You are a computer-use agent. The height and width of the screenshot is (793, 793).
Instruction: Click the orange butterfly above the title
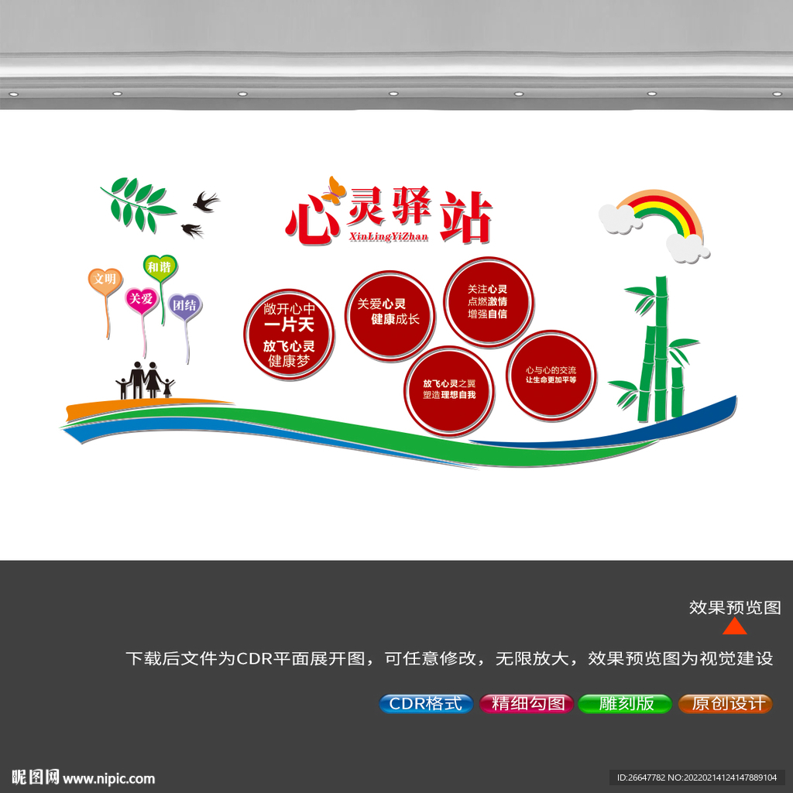click(x=335, y=191)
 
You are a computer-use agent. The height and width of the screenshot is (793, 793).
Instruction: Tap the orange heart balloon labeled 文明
click(x=105, y=280)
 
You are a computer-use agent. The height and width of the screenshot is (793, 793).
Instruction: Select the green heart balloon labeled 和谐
click(x=160, y=267)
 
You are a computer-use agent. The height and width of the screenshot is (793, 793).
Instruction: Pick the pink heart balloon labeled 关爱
click(x=142, y=300)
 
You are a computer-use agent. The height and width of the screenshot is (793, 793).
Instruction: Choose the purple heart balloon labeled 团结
click(x=184, y=306)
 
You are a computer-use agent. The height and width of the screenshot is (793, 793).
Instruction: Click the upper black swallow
click(x=206, y=201)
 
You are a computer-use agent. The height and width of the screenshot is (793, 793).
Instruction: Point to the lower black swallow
click(x=193, y=230)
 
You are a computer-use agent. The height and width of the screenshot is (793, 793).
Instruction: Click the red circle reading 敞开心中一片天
click(x=289, y=335)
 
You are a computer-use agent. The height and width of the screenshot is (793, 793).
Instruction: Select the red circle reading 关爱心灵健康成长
click(x=390, y=316)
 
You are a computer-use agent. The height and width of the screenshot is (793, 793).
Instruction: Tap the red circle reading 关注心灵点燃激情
click(x=489, y=302)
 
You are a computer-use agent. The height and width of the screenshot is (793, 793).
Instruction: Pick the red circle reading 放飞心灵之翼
click(x=449, y=390)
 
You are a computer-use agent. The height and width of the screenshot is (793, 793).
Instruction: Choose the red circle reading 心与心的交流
click(x=551, y=376)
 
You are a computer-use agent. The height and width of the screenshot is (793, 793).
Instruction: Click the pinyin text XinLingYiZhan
click(x=389, y=237)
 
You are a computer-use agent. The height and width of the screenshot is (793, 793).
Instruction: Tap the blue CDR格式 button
click(x=426, y=703)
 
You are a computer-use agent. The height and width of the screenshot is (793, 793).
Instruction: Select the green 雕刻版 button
click(x=625, y=703)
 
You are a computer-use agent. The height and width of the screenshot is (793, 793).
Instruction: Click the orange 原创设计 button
click(x=725, y=703)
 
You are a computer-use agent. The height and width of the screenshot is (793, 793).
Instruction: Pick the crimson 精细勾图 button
click(x=526, y=703)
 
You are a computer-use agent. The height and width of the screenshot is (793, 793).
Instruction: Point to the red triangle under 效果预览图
click(x=735, y=627)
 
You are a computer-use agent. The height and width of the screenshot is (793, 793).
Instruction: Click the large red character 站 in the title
click(x=465, y=218)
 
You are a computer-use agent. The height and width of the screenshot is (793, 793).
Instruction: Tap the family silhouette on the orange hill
click(x=145, y=380)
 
